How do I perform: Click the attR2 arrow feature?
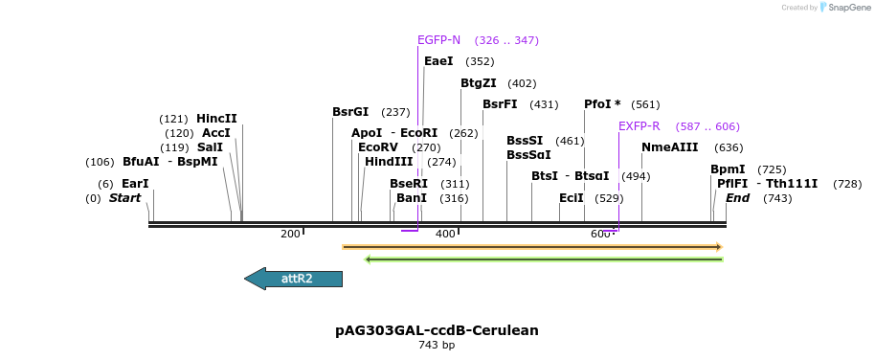[x=295, y=279]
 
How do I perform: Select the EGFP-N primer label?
[x=438, y=40]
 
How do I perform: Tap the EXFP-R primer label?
[x=639, y=126]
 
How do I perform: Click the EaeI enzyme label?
[x=438, y=61]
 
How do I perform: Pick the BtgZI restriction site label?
[x=478, y=83]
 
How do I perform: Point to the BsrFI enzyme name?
[x=500, y=104]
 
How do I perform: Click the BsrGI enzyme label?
[x=350, y=112]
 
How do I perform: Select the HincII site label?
[x=216, y=119]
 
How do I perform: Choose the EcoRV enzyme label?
[x=377, y=147]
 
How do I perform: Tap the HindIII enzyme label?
[x=389, y=162]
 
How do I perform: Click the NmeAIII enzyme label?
[x=670, y=147]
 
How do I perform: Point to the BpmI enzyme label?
[x=728, y=169]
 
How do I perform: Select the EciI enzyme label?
[x=572, y=198]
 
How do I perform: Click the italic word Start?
[x=124, y=198]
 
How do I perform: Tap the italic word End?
[x=737, y=198]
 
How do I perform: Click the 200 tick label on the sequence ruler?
[x=290, y=235]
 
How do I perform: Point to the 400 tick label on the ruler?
[x=445, y=235]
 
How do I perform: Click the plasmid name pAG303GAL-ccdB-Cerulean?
[x=437, y=330]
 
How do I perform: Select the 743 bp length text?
[x=437, y=345]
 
